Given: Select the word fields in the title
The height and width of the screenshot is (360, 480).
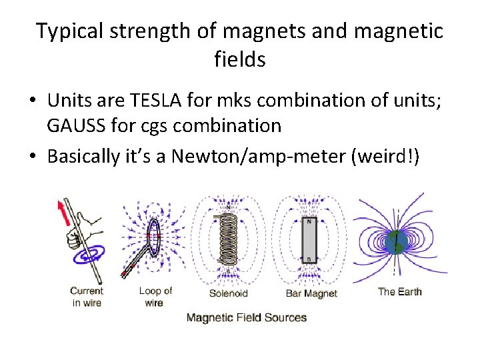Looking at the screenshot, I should (240, 59).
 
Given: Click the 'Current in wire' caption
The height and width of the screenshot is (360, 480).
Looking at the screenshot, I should (87, 297).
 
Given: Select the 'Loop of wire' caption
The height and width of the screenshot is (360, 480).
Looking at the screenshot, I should (155, 297).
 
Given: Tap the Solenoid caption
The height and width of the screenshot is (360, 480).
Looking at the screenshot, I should (229, 293).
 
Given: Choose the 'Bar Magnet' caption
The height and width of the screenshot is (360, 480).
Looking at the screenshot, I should (311, 293).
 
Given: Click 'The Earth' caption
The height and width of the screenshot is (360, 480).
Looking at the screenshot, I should (399, 291).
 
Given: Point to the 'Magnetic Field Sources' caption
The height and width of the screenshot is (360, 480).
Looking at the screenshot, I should (247, 317).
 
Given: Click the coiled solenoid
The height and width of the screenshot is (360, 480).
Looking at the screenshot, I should (229, 240).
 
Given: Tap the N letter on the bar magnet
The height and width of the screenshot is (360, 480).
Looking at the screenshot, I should (309, 223).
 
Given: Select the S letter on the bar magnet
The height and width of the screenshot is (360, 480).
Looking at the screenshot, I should (309, 258).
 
